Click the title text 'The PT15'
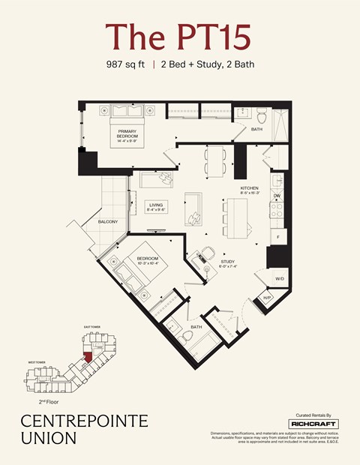tap(179, 36)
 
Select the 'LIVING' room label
tap(156, 205)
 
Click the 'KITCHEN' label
tap(250, 187)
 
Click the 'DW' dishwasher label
tap(277, 196)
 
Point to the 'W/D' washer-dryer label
tap(279, 278)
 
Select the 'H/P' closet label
tap(266, 297)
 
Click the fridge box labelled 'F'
tap(277, 236)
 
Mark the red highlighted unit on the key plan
tap(88, 355)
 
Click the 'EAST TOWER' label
tap(91, 328)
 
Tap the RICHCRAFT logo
tap(313, 424)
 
